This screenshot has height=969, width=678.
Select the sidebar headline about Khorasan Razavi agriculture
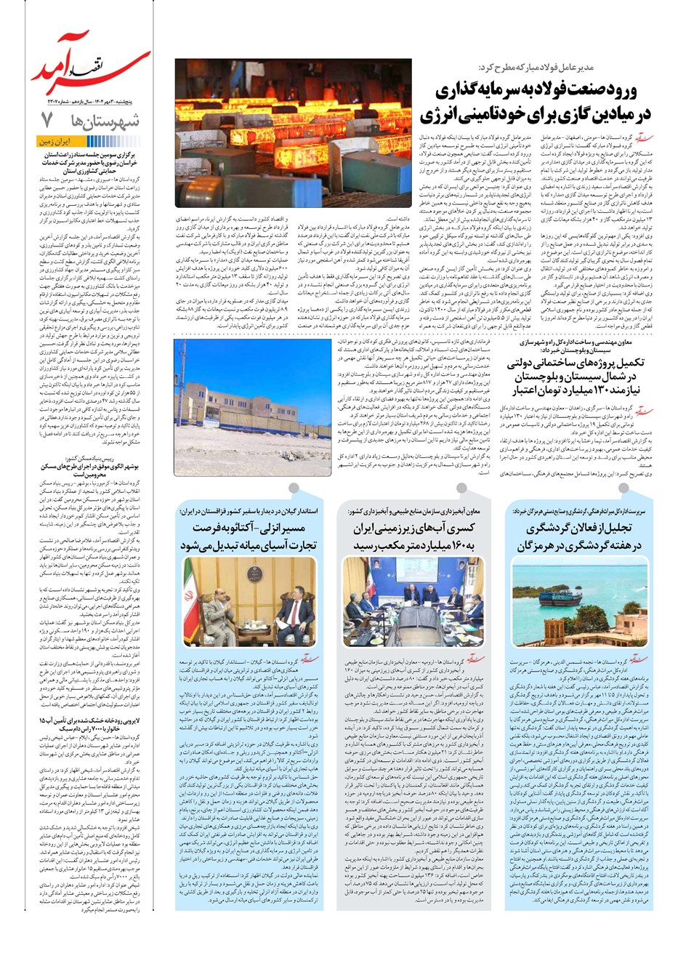click(89, 164)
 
